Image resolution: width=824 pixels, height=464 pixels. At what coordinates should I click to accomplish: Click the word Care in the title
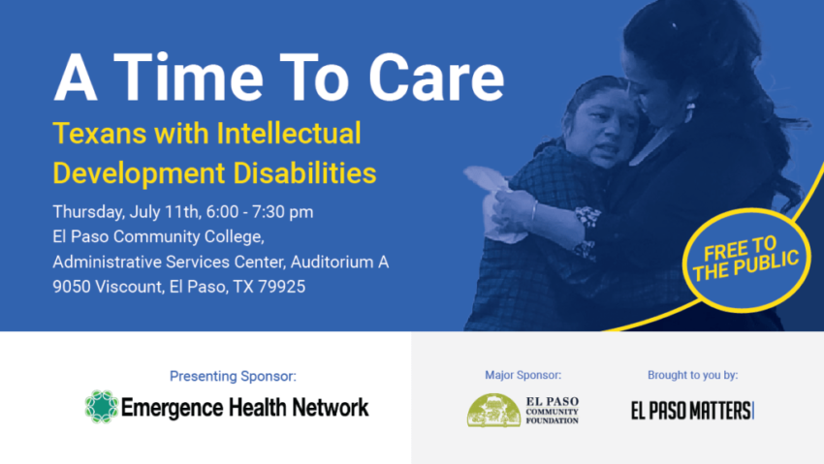tap(436, 77)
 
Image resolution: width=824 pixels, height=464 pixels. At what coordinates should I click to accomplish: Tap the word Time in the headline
tap(188, 77)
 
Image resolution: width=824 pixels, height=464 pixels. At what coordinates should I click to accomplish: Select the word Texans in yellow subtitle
tap(100, 133)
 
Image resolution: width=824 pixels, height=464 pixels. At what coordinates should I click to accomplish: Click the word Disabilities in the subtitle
tap(304, 172)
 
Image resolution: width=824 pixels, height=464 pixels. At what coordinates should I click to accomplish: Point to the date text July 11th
tap(165, 212)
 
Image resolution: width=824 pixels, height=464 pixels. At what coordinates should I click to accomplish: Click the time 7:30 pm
tap(283, 212)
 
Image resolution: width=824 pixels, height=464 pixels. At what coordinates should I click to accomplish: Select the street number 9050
tap(72, 287)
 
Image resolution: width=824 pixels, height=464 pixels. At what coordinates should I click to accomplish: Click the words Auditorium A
tap(339, 262)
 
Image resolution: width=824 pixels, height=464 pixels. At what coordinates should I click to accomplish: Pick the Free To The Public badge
tap(746, 260)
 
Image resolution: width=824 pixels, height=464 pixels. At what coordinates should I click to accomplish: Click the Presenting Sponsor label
tap(233, 376)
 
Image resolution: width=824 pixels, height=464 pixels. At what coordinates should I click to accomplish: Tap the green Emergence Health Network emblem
tap(102, 407)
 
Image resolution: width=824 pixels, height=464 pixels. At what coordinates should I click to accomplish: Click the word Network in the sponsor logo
tap(331, 407)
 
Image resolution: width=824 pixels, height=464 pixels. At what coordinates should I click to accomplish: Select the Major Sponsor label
tap(523, 375)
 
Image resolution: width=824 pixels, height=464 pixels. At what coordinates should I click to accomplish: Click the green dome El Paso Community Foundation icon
tap(494, 410)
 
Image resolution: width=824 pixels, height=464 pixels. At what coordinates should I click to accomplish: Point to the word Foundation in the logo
tap(553, 420)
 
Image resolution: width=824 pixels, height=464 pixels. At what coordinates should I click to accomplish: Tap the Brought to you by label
tap(692, 375)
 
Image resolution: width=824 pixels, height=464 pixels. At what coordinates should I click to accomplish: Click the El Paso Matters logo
tap(692, 411)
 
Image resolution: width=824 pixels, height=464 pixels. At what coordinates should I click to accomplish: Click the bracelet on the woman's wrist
tap(534, 210)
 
